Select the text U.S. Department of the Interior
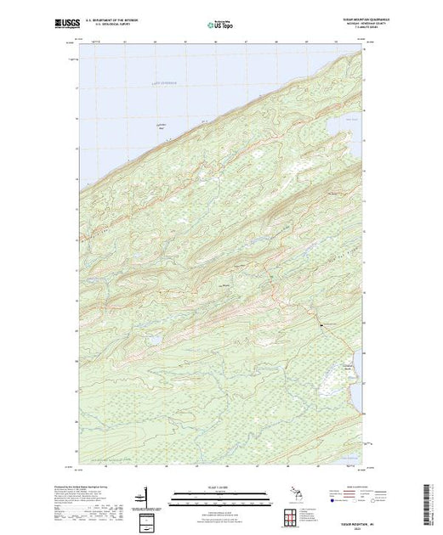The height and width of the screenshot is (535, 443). (125, 20)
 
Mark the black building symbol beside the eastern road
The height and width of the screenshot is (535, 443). (321, 324)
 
